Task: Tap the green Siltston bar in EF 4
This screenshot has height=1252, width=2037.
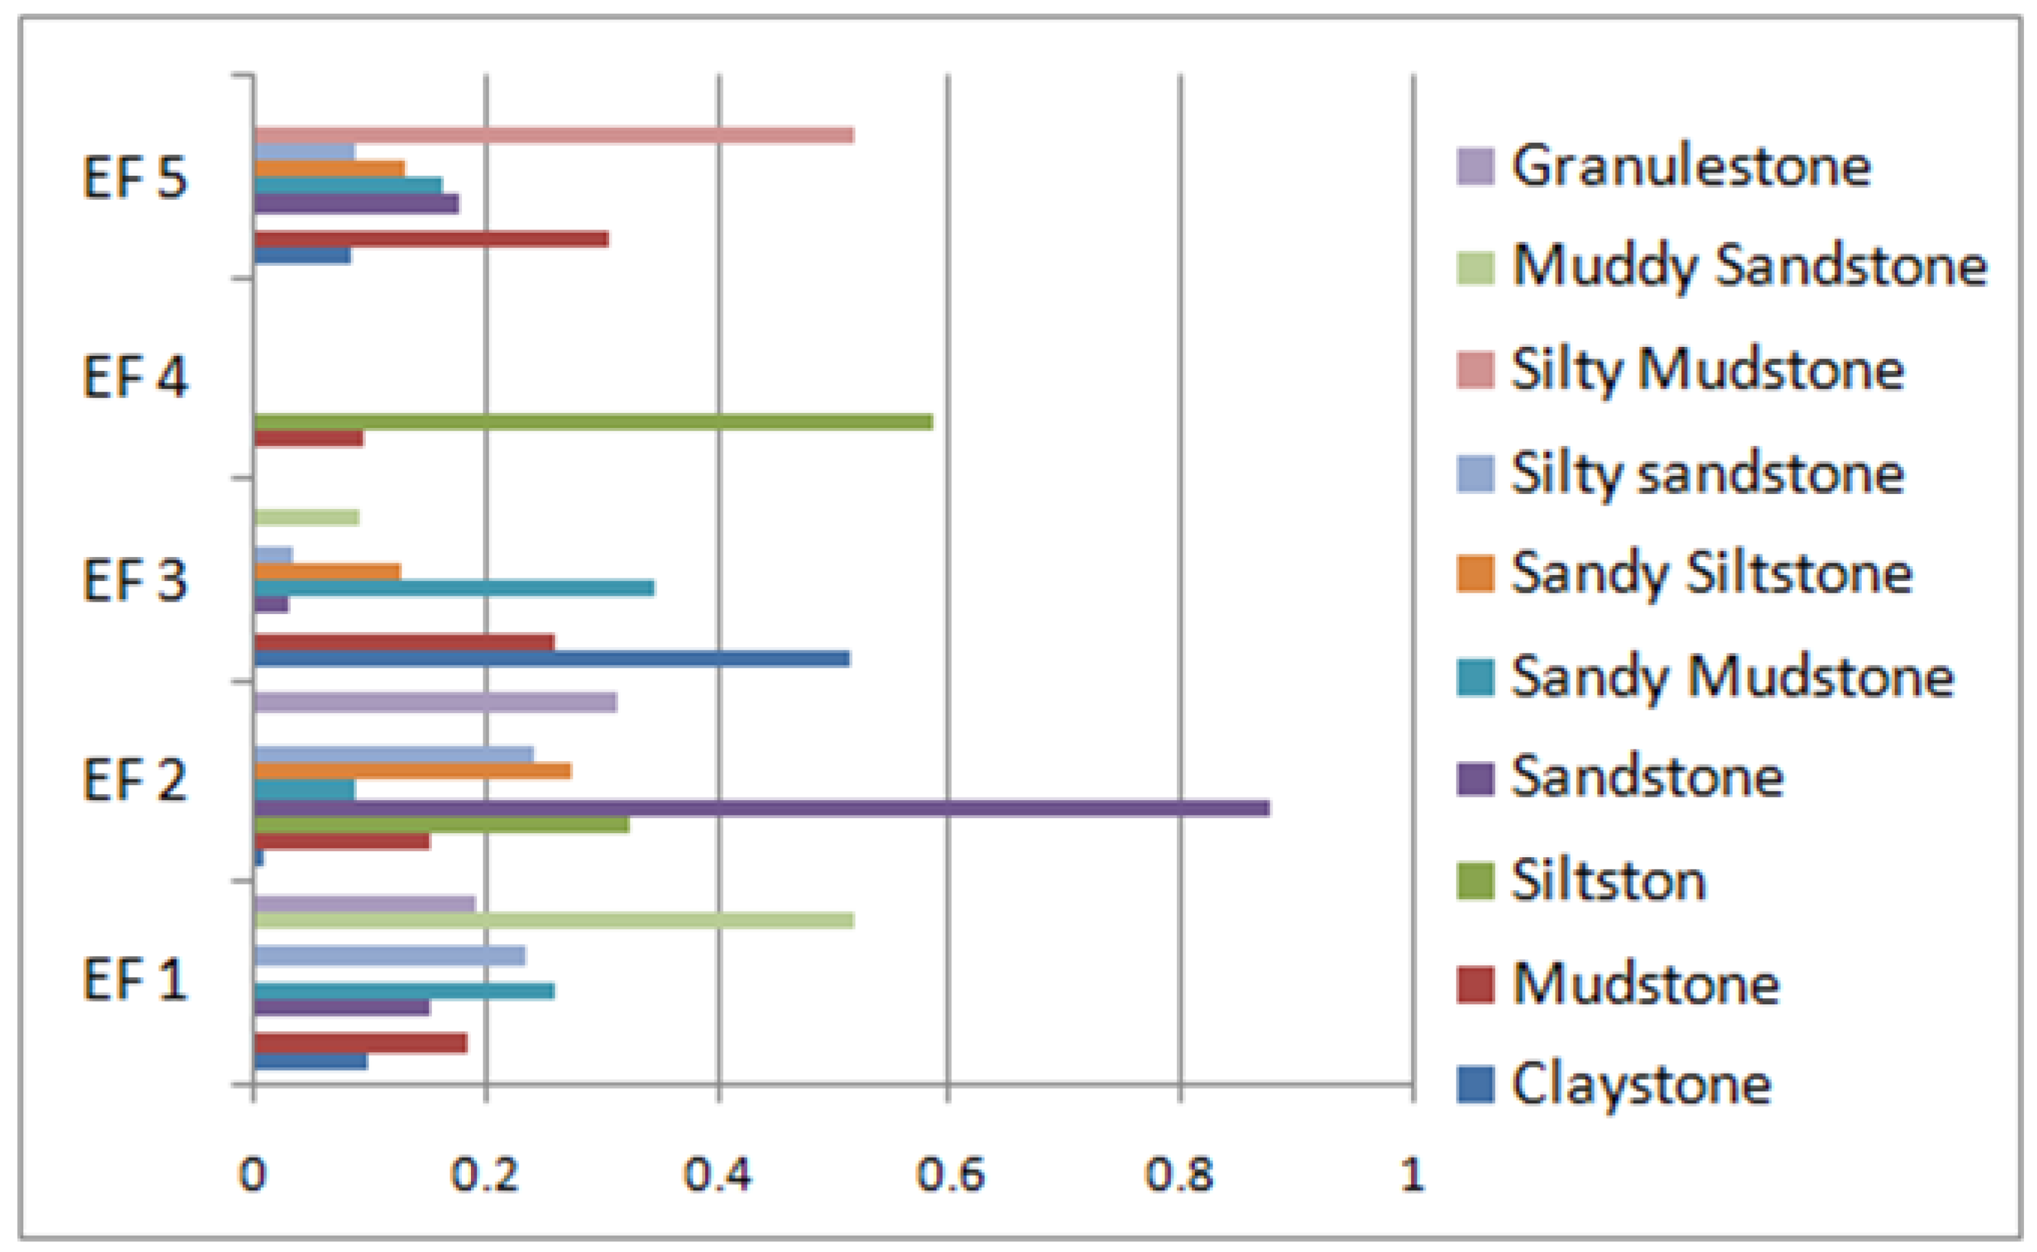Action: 592,421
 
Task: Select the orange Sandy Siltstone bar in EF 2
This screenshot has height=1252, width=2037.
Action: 412,771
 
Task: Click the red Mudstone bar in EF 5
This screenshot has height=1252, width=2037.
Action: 431,239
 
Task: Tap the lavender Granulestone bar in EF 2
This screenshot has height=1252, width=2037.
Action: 435,702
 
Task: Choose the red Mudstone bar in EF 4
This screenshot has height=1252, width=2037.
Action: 308,439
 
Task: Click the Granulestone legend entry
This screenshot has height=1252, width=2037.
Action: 1690,165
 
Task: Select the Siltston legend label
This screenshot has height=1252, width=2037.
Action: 1607,881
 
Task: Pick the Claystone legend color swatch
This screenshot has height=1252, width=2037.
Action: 1475,1085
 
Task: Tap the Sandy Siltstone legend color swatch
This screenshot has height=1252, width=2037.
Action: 1475,574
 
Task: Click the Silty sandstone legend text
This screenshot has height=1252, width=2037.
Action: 1707,474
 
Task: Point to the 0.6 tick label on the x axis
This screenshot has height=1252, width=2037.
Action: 949,1174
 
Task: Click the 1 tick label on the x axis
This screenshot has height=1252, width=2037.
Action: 1412,1174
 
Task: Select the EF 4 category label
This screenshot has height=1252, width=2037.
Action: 135,377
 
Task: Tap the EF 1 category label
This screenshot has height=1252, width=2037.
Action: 135,980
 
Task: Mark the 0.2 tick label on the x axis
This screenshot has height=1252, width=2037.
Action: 485,1174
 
